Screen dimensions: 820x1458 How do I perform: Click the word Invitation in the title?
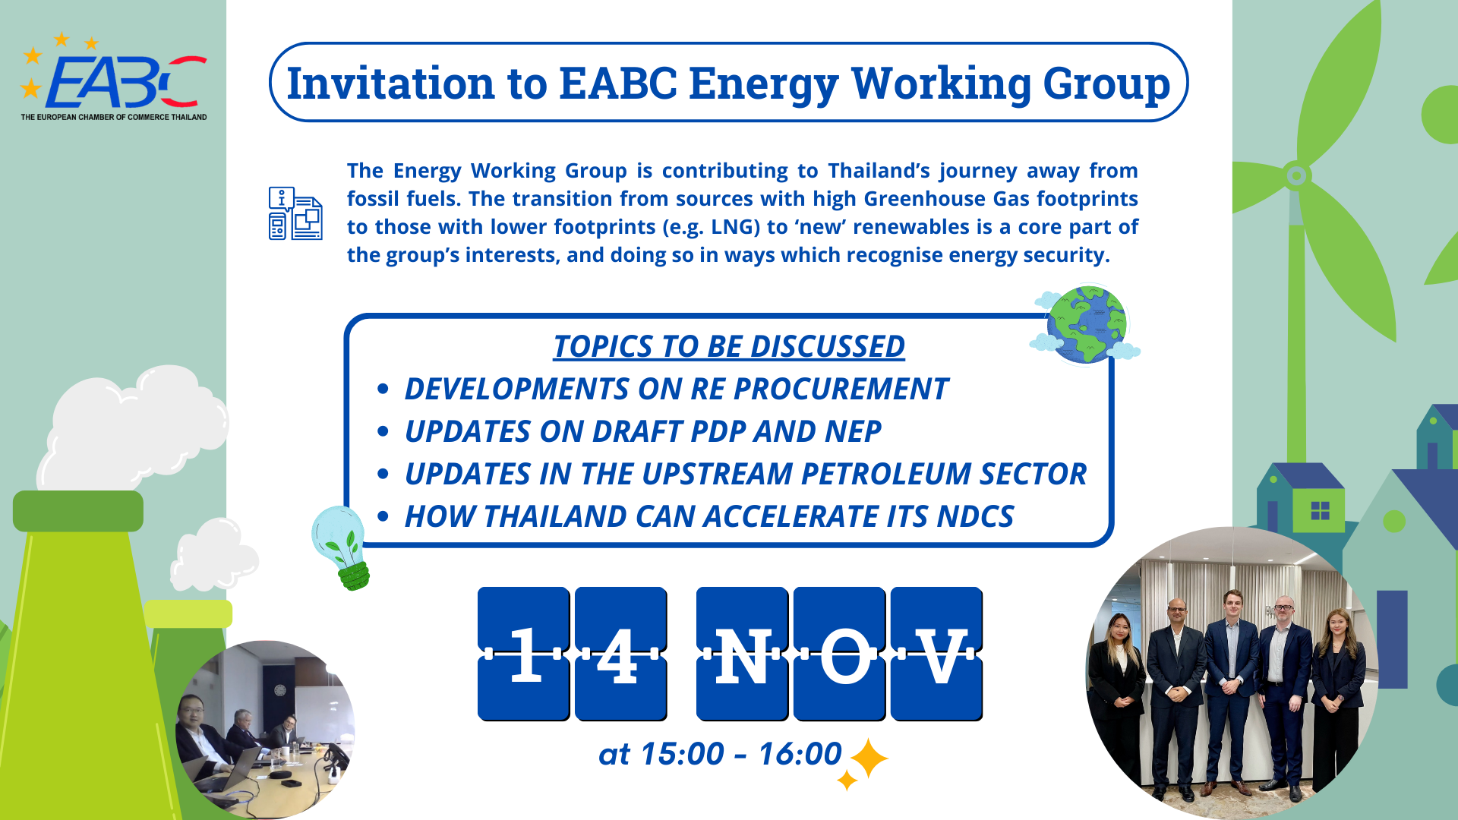(x=390, y=83)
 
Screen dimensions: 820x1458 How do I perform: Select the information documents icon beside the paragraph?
(x=295, y=213)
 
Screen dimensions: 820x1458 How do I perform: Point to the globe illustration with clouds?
(x=1086, y=324)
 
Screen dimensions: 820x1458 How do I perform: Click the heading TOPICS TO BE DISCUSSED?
(x=728, y=346)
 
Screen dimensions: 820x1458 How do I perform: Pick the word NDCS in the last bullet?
(x=975, y=516)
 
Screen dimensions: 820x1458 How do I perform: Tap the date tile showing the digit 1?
(x=524, y=654)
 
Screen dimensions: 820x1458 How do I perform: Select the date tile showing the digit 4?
(x=620, y=654)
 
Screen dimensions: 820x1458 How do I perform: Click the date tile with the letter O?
(x=839, y=654)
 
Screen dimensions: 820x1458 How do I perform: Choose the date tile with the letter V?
(x=936, y=654)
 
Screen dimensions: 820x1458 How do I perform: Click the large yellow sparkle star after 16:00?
(x=869, y=758)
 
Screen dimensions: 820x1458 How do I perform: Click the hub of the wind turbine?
(x=1296, y=176)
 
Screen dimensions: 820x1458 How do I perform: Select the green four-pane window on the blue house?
(x=1320, y=510)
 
